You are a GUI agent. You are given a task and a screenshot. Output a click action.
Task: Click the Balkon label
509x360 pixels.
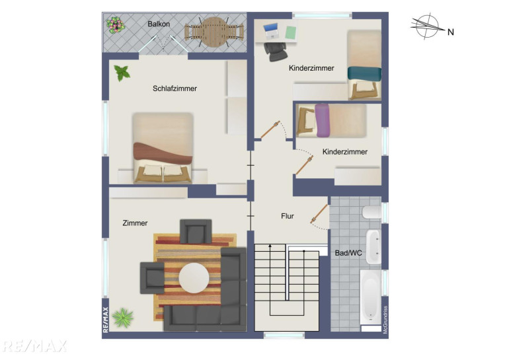pyautogui.click(x=159, y=24)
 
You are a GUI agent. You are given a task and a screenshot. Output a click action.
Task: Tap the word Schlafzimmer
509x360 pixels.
pyautogui.click(x=175, y=89)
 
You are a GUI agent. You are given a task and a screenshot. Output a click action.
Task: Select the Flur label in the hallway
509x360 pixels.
pyautogui.click(x=288, y=216)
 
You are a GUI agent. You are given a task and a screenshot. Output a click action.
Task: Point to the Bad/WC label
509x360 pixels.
pyautogui.click(x=348, y=253)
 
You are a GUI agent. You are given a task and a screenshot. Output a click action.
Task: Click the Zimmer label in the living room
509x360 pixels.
pyautogui.click(x=135, y=223)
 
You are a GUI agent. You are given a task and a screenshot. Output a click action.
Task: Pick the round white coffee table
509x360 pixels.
pyautogui.click(x=194, y=278)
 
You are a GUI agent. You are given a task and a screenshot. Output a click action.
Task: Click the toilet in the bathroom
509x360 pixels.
pyautogui.click(x=372, y=213)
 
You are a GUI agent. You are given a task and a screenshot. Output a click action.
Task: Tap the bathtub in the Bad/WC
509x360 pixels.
pyautogui.click(x=370, y=297)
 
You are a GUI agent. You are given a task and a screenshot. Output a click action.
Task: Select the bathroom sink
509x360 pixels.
pyautogui.click(x=373, y=246)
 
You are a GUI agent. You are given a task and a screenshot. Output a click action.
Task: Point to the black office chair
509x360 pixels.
pyautogui.click(x=275, y=52)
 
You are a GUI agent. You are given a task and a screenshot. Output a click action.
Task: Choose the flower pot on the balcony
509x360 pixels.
pyautogui.click(x=115, y=25)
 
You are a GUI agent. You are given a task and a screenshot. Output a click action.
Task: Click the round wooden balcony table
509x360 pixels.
pyautogui.click(x=214, y=32)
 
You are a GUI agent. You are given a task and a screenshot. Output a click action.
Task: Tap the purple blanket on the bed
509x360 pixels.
pyautogui.click(x=323, y=120)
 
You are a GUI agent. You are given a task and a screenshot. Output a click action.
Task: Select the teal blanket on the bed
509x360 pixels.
pyautogui.click(x=364, y=73)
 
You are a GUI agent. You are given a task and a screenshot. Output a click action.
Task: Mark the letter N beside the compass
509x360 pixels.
pyautogui.click(x=451, y=32)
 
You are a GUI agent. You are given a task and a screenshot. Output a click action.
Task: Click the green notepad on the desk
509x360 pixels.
pyautogui.click(x=291, y=33)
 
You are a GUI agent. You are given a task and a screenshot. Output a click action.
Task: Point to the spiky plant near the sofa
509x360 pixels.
pyautogui.click(x=123, y=317)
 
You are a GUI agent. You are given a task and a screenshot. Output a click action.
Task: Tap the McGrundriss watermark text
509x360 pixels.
pyautogui.click(x=385, y=320)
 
